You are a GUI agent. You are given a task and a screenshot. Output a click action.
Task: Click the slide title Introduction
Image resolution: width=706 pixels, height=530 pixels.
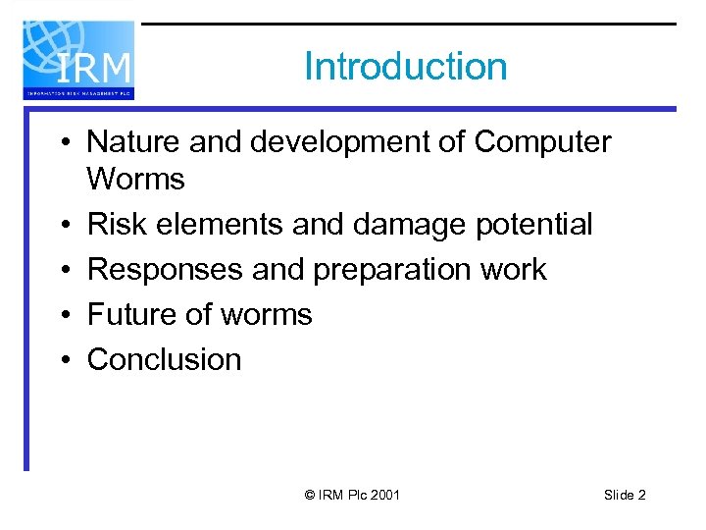[x=406, y=67]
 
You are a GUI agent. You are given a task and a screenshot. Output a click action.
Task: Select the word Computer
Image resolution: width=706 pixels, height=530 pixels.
[x=542, y=142]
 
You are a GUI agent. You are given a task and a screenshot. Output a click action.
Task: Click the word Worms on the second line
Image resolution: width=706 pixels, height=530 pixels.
[x=135, y=180]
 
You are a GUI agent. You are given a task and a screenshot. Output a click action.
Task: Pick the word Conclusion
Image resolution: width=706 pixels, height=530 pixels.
[x=164, y=360]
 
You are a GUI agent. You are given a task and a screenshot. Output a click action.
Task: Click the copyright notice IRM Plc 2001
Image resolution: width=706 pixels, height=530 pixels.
[x=353, y=496]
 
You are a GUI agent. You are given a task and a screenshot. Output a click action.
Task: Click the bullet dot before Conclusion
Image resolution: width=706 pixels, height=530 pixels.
[x=62, y=360]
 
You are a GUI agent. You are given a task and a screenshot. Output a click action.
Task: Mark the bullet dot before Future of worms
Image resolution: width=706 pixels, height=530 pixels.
[x=62, y=315]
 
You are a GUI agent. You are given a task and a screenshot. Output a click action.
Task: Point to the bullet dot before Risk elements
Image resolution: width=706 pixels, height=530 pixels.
[x=62, y=225]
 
